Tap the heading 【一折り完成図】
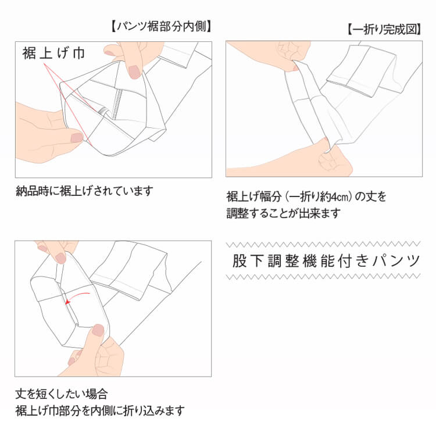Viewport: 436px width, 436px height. tap(384, 30)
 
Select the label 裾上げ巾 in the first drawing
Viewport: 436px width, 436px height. tap(53, 54)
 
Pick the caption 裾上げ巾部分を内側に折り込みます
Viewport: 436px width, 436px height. tap(100, 410)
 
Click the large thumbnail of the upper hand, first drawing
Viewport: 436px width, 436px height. tap(134, 72)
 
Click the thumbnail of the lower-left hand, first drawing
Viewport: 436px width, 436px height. tap(76, 138)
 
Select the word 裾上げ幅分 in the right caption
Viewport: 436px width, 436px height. tap(251, 197)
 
